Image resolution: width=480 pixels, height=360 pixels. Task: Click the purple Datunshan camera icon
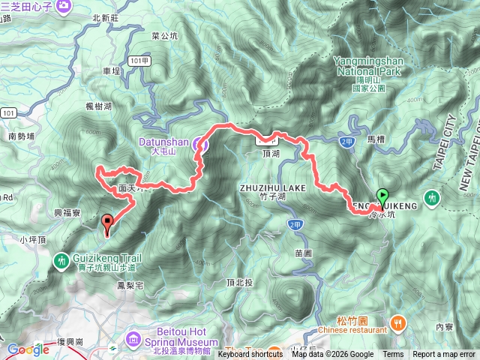tap(199, 142)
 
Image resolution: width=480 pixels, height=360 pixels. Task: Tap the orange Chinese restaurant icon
tap(397, 323)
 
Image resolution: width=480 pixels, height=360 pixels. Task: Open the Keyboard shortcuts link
tap(251, 355)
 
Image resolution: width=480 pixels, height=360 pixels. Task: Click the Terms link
tap(393, 355)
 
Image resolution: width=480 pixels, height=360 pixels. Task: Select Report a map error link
tap(444, 355)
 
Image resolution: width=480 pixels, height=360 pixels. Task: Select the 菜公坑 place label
tap(164, 35)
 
